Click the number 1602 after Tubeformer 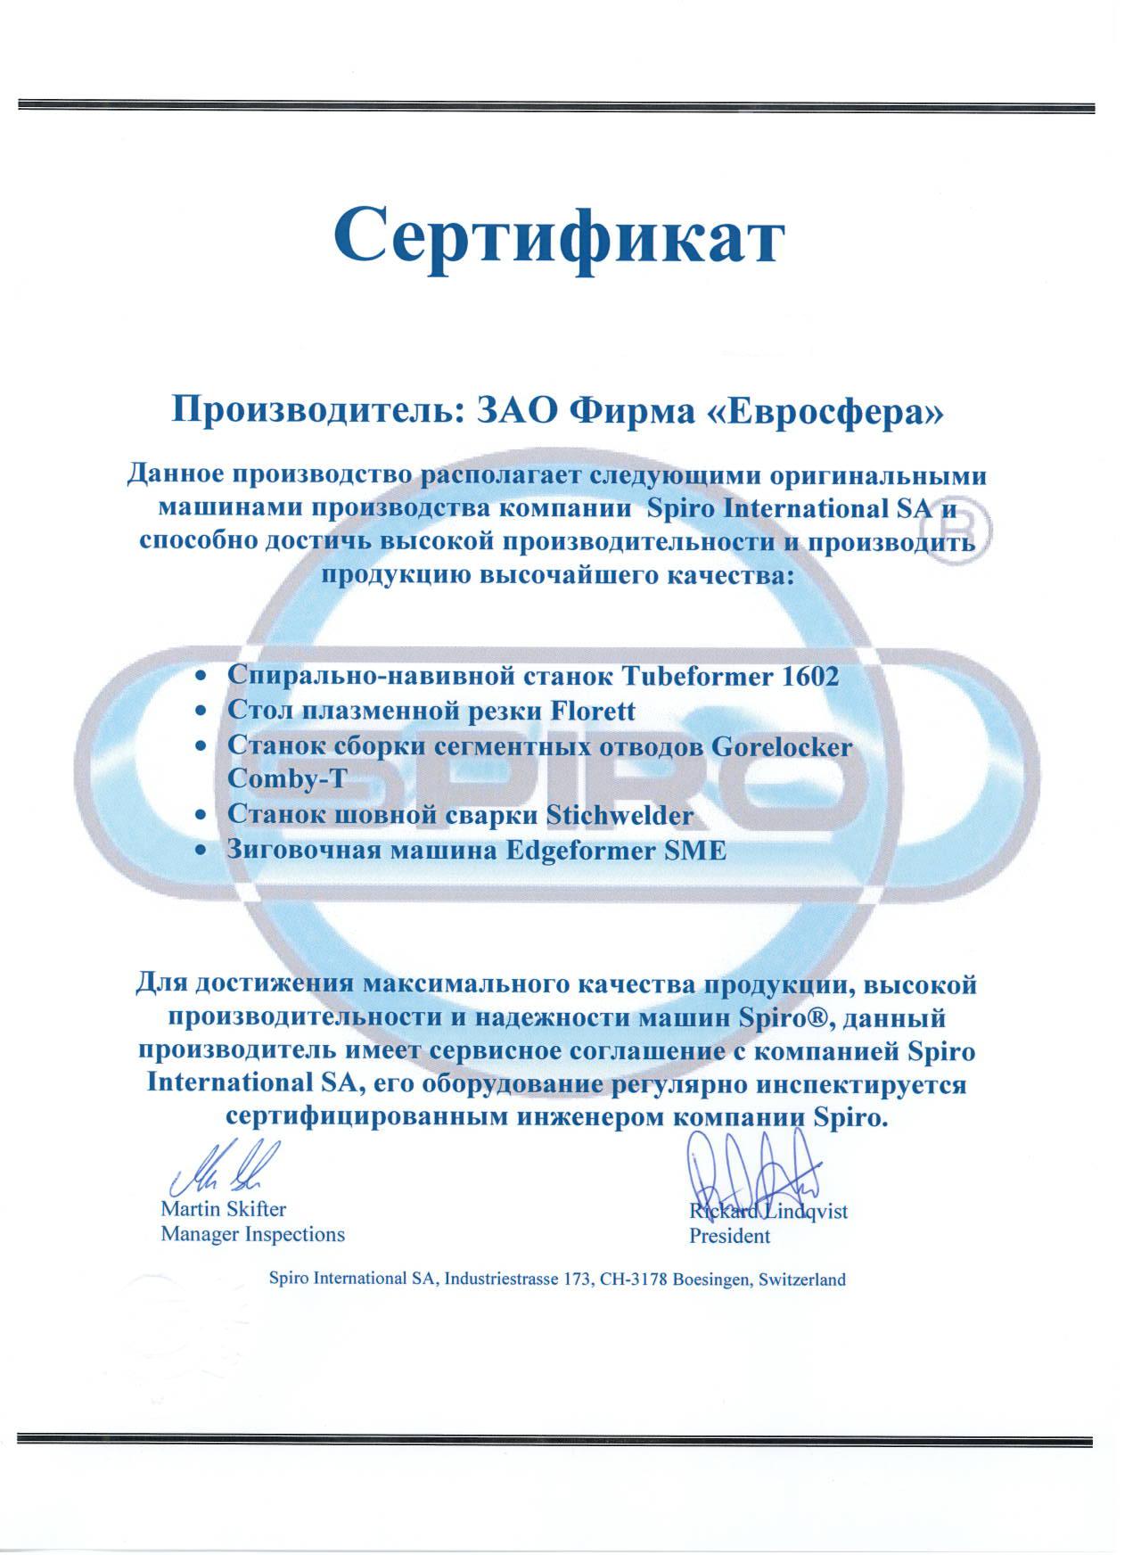coord(809,676)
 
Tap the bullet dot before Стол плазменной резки coord(204,712)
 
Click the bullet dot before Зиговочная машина coord(204,851)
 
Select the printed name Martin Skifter coord(223,1210)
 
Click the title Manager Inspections coord(252,1235)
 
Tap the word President coord(729,1236)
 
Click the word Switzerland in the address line coord(800,1279)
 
